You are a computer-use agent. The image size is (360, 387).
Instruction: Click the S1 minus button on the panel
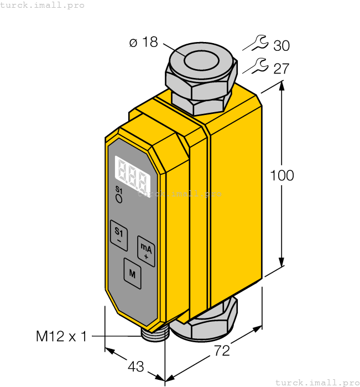click(x=118, y=233)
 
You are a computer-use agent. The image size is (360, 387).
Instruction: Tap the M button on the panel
click(x=132, y=273)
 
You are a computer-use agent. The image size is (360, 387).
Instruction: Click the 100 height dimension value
click(x=282, y=176)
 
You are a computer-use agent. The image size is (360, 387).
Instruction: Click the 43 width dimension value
click(x=135, y=367)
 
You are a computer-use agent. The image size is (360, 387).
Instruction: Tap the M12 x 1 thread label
click(x=61, y=336)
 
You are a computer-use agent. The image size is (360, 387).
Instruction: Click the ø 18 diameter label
click(x=144, y=43)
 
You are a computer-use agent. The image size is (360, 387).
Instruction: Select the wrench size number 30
click(x=281, y=45)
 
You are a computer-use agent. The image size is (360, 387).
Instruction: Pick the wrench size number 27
click(x=281, y=69)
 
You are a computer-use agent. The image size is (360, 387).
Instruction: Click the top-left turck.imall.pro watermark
click(x=43, y=5)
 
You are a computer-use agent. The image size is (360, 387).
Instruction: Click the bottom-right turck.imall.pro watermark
click(x=317, y=382)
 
